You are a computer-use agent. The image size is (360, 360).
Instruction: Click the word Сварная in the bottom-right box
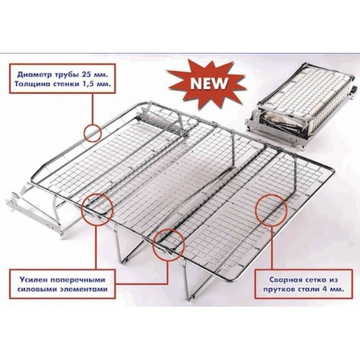coord(282,280)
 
